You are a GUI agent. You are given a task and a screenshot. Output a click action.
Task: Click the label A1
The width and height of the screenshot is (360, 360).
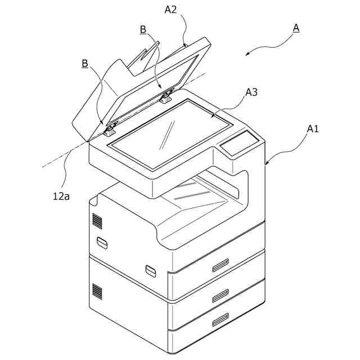coord(313,129)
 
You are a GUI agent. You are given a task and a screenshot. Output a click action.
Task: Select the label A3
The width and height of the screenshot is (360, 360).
coord(251,93)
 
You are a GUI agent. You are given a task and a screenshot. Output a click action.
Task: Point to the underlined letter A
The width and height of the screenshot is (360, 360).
coord(295,27)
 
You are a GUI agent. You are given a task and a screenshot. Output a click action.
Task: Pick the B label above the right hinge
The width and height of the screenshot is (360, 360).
coord(143,29)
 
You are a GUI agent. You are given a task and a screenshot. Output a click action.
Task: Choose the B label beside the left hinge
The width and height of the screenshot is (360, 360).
coord(85,64)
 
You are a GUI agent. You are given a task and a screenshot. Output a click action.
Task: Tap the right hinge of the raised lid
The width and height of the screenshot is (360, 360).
coord(165,97)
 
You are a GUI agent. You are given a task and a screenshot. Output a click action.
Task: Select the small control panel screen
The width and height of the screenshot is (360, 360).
coord(239,144)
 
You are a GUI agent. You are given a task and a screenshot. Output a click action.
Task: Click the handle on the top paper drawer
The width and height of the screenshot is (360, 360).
coord(220,264)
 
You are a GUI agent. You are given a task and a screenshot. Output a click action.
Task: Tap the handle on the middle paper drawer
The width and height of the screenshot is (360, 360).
coord(220,294)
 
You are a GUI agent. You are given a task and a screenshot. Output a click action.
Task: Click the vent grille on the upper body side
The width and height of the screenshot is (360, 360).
coord(97,220)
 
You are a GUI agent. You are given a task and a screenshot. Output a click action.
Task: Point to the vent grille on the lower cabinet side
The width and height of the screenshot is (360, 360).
coord(97,291)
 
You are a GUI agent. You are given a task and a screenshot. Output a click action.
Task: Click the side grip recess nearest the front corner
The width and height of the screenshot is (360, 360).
coord(150,270)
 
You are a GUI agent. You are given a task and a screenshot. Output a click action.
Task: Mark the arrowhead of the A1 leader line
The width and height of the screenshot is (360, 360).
coord(267,164)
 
